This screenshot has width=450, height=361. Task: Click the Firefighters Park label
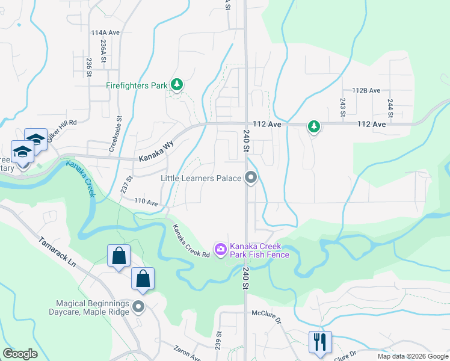(137, 85)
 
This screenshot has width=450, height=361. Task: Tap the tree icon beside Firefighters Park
(176, 85)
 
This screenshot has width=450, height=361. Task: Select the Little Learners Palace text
(201, 178)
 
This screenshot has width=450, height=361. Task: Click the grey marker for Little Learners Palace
(251, 177)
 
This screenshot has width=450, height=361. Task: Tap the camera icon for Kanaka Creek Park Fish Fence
(220, 248)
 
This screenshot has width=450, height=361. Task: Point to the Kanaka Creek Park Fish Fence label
(260, 250)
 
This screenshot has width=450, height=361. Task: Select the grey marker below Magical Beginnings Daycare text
(139, 307)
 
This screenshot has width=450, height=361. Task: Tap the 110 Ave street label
(146, 202)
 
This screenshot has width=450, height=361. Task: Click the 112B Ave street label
(366, 90)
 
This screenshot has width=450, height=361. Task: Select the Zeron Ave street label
(187, 353)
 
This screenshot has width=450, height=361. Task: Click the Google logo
(20, 354)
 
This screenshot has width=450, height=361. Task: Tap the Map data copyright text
(412, 356)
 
